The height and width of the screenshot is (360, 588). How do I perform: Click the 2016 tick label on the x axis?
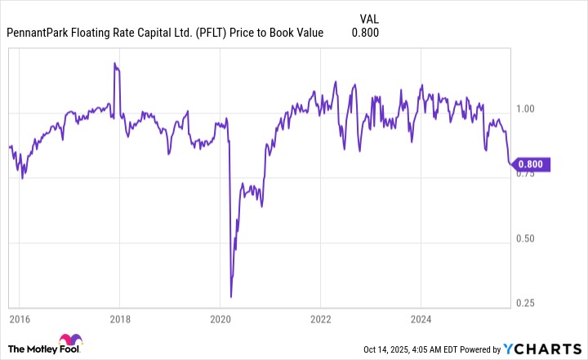[x=20, y=319]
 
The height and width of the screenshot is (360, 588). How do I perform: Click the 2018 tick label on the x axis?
[x=120, y=319]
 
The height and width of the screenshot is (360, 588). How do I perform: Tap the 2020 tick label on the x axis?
[x=220, y=319]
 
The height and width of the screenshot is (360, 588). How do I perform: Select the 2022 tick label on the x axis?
[x=320, y=319]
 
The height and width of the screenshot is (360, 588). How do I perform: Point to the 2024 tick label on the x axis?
[x=420, y=319]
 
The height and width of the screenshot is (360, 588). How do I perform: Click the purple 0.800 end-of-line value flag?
[x=533, y=164]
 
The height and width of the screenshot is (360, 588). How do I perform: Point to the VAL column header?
[x=369, y=18]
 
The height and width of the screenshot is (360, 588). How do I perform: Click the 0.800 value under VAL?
[x=365, y=33]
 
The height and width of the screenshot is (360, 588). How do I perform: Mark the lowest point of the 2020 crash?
[x=231, y=296]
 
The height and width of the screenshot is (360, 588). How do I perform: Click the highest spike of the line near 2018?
[x=115, y=64]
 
